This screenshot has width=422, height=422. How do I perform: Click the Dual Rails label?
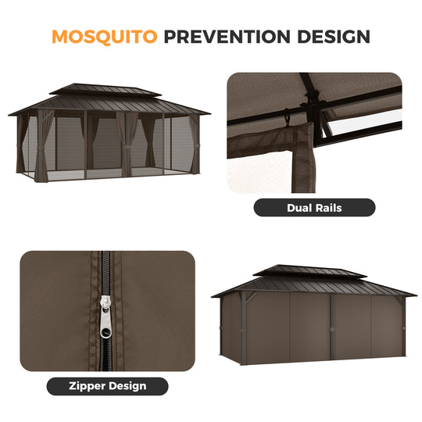pos(314,208)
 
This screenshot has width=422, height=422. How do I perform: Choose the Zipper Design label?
pos(107,385)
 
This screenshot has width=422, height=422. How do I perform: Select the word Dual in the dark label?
pos(298,208)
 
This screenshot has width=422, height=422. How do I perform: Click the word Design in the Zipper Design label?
pos(128,385)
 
